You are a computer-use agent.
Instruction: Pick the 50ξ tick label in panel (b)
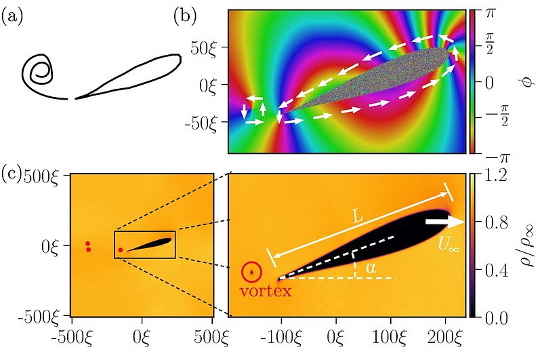(207, 49)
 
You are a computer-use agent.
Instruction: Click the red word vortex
(269, 292)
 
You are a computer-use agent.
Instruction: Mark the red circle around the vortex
(251, 273)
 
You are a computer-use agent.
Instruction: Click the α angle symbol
(370, 269)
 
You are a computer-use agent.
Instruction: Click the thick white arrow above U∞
(444, 222)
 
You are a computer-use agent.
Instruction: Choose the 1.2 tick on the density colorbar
(491, 176)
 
